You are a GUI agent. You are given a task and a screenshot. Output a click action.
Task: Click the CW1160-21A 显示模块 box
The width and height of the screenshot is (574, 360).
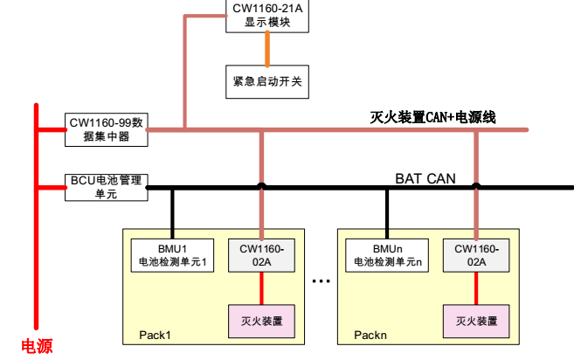pos(267,16)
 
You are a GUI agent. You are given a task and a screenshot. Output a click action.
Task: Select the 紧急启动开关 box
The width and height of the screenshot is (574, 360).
pos(267,81)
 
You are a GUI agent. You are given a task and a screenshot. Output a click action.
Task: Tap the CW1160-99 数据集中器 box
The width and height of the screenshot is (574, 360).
pos(107,128)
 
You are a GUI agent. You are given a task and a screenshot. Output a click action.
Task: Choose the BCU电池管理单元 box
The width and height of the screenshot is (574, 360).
pos(107,187)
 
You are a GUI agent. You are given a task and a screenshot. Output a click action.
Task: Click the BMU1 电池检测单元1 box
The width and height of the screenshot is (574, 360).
pos(171,254)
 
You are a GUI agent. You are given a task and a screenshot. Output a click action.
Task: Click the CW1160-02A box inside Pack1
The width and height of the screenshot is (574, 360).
pos(261,254)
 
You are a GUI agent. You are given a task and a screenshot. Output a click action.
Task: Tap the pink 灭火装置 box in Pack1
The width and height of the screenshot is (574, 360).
pos(261,321)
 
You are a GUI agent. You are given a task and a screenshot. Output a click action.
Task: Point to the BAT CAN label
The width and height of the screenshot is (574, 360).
pos(425,179)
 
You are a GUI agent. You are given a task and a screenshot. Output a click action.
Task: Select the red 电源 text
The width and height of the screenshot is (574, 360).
pos(37,347)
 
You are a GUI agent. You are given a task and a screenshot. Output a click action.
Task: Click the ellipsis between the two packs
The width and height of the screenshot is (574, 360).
pos(321,281)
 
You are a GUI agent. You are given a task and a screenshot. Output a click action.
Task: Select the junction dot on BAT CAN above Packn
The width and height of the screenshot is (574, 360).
pos(476,185)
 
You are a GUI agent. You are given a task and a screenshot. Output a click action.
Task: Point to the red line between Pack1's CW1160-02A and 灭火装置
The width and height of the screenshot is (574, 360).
pos(261,287)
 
